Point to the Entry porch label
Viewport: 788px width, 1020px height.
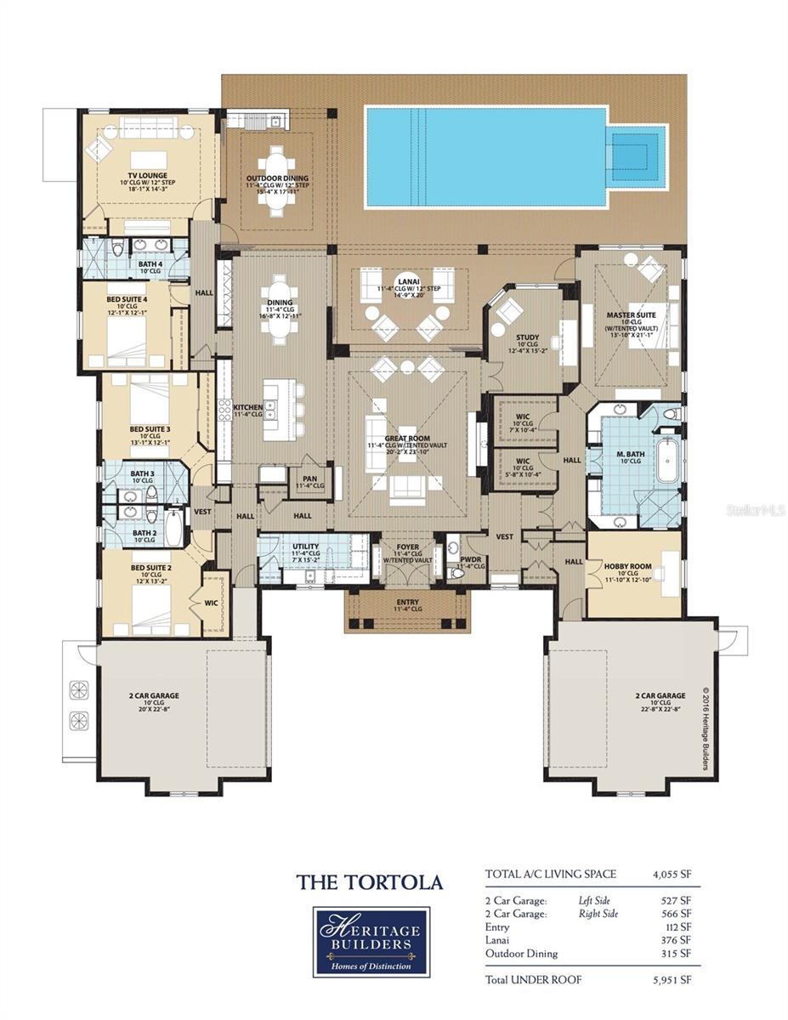pos(408,603)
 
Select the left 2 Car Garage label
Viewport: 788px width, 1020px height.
pos(153,695)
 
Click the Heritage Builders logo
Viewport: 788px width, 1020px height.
pos(371,942)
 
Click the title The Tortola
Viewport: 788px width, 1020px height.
pos(370,882)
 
